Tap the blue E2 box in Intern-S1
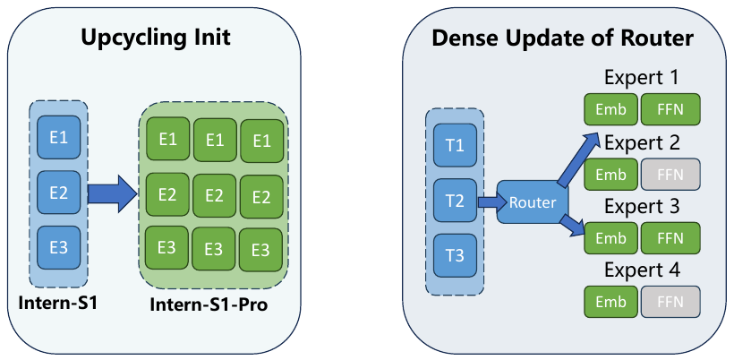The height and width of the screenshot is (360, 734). point(58,193)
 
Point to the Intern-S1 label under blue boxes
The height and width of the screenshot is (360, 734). point(57,302)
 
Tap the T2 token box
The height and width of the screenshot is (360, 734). point(455,201)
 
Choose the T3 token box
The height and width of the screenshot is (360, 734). point(455,256)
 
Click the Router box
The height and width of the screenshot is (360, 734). point(533,202)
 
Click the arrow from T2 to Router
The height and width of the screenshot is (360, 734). point(490,202)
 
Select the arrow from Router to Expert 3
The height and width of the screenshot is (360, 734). point(573,229)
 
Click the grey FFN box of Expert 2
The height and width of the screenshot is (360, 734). point(670,174)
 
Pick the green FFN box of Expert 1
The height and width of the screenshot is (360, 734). point(670,109)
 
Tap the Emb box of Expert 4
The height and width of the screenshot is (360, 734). point(610,302)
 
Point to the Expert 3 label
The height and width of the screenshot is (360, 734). point(642,206)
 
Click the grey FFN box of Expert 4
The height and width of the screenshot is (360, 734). point(670,302)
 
